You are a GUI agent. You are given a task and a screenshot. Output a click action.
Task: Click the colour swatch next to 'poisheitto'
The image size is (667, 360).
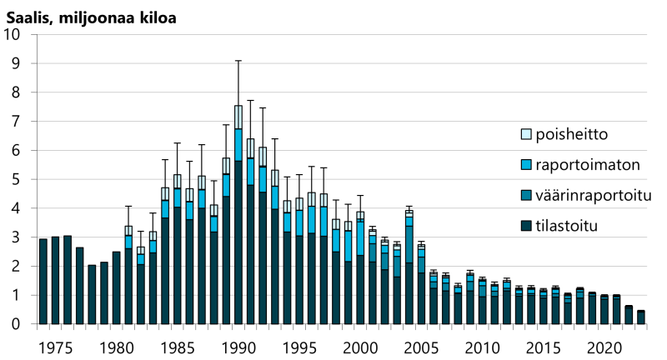pos(525,133)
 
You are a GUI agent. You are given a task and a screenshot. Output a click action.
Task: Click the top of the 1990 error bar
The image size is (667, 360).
pos(238,61)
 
